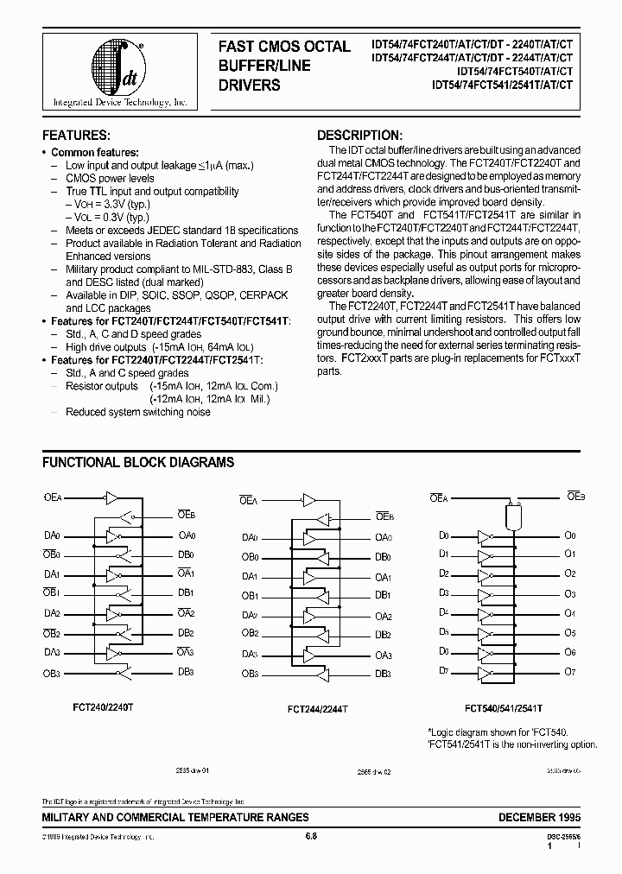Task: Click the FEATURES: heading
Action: click(x=77, y=136)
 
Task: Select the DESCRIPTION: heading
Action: click(x=359, y=136)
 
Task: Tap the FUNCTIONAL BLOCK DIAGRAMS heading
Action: click(x=138, y=462)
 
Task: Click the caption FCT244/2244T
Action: click(x=318, y=708)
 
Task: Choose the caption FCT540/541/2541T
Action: click(x=504, y=708)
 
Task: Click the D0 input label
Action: click(x=443, y=535)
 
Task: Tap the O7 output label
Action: click(x=569, y=672)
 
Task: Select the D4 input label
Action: click(x=443, y=612)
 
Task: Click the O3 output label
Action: click(x=569, y=593)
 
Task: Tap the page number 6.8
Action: click(x=311, y=836)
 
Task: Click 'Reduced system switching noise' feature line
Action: click(x=138, y=412)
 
